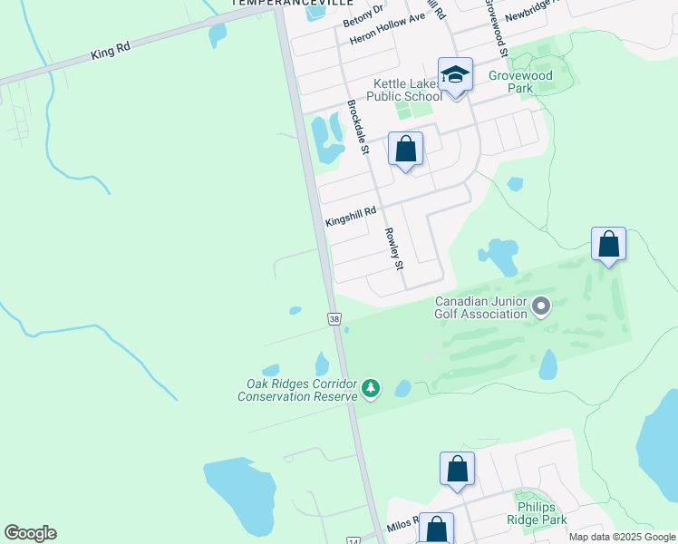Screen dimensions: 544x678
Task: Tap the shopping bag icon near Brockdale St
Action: tap(405, 149)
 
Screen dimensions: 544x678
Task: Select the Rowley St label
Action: tap(393, 248)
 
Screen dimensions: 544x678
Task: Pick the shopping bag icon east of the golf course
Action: tap(608, 244)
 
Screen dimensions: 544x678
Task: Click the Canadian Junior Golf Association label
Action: tap(480, 307)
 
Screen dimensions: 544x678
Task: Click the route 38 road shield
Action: tap(334, 319)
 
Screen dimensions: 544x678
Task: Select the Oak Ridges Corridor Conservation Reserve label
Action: tap(296, 389)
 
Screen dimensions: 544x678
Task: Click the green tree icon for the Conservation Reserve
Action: tap(370, 389)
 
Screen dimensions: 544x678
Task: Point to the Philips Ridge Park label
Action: tap(540, 513)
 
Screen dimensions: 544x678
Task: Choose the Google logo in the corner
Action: tap(30, 533)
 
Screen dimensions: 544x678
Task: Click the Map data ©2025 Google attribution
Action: tap(622, 537)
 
